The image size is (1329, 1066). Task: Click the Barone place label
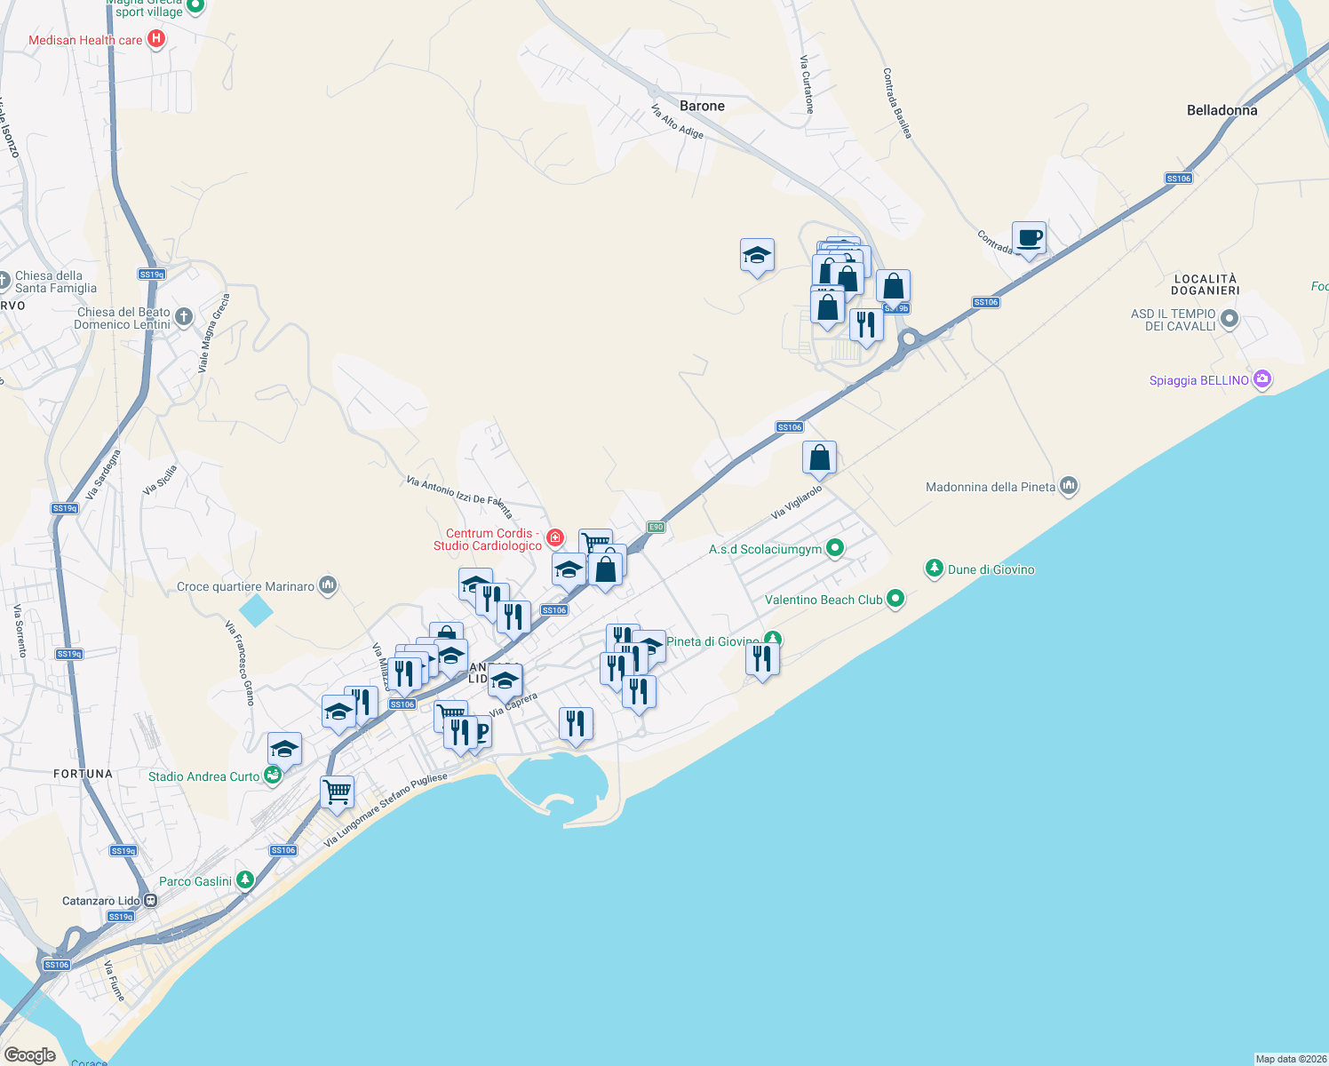point(702,106)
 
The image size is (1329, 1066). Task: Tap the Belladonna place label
point(1222,110)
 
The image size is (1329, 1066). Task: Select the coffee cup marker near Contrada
point(1029,238)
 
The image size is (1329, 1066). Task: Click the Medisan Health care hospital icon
point(156,38)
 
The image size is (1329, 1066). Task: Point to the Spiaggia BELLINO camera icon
point(1261,380)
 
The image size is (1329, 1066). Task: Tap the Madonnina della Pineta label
point(991,487)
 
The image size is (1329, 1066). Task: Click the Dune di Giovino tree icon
point(934,568)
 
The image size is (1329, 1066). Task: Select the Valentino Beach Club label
point(824,600)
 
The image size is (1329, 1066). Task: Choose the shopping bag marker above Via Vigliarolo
point(819,458)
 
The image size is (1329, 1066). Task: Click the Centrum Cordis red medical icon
point(555,537)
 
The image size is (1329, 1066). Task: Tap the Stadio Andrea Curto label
point(203,776)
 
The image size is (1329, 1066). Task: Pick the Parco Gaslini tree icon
point(244,880)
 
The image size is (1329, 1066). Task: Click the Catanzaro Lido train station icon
point(151,900)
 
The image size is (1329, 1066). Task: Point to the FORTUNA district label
point(84,774)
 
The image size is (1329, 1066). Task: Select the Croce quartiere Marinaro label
point(245,586)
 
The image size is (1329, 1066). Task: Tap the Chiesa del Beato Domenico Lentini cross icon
point(183,317)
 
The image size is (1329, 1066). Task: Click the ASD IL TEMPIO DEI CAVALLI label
point(1173,320)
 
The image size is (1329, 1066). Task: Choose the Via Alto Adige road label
point(677,123)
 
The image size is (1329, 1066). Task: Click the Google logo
point(30,1054)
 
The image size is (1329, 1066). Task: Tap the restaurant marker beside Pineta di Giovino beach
point(762,659)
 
